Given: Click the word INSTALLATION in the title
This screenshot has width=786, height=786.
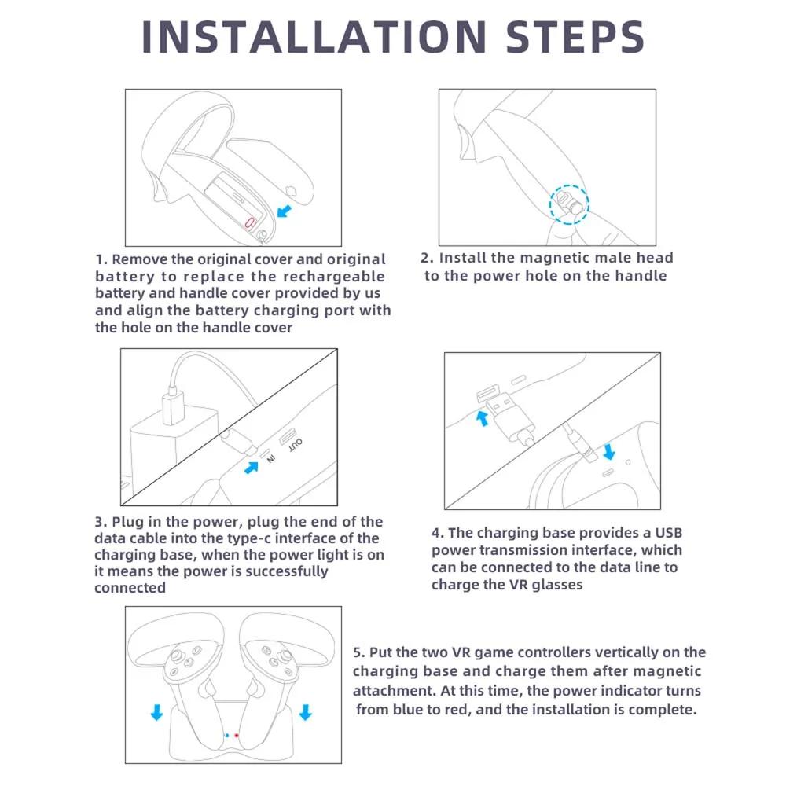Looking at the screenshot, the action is tap(314, 37).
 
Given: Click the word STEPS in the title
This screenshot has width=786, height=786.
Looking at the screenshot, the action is tap(575, 37).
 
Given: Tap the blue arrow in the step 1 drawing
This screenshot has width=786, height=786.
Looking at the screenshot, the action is tap(285, 211).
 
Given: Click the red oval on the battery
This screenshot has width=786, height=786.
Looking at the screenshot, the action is tap(250, 222).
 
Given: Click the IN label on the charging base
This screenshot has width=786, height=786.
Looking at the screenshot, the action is tap(270, 458).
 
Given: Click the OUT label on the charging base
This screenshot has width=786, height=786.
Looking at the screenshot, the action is tap(296, 445).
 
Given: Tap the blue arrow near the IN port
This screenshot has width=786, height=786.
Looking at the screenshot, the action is tap(252, 468).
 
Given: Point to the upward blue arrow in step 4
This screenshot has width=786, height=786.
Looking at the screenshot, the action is tap(483, 418).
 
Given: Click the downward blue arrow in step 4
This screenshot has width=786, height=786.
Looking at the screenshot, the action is tap(609, 451).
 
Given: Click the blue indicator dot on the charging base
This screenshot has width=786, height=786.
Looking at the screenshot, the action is tap(227, 736).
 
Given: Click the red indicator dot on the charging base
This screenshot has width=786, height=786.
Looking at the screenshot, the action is tap(237, 736).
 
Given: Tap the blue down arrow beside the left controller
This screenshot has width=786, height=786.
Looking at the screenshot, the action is tap(157, 712).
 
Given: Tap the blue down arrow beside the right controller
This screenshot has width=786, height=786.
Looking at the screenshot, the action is tap(305, 712).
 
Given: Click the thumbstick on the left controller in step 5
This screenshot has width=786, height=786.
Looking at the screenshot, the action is tap(177, 656).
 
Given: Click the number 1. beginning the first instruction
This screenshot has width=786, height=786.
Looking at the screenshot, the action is tap(101, 259).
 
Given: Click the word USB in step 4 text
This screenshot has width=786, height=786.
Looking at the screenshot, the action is tap(669, 533).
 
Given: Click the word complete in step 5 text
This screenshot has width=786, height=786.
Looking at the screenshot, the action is tap(662, 710).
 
